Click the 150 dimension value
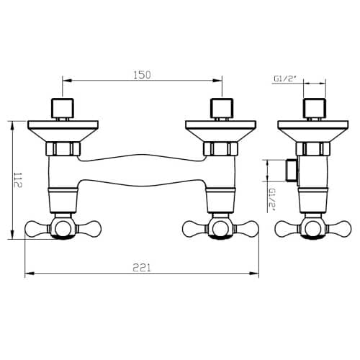142,75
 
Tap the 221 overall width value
142,268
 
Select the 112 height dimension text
18,180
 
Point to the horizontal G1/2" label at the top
284,78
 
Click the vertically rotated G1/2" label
273,199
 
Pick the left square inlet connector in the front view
63,108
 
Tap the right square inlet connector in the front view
222,108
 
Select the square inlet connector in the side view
315,108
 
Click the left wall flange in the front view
63,131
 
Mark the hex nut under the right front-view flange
220,149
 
